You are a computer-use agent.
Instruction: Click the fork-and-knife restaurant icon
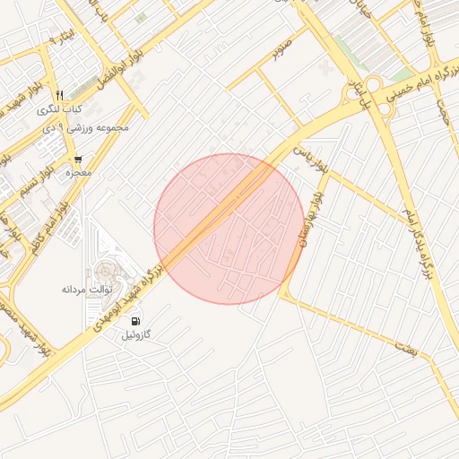(x=60, y=94)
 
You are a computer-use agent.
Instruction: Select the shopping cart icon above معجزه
(x=79, y=159)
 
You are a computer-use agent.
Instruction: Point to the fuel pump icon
(x=135, y=321)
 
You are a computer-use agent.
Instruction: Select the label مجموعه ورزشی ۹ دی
(x=92, y=127)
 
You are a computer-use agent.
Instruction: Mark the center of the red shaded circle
(x=229, y=229)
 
